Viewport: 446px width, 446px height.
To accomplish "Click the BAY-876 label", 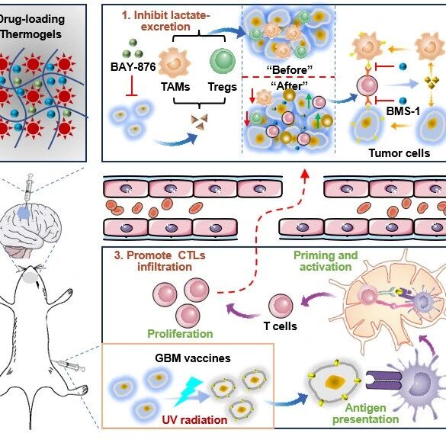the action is (133, 67).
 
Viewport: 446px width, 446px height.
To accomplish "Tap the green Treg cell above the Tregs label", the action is (223, 61).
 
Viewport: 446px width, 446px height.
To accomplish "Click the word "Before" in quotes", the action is (290, 70).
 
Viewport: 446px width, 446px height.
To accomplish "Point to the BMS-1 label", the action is (403, 111).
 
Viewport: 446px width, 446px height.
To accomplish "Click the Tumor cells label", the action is (399, 153).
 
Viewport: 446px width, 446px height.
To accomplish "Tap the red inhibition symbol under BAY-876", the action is (131, 86).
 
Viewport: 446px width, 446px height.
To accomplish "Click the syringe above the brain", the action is (28, 188).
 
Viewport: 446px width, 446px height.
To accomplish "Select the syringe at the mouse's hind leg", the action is (71, 365).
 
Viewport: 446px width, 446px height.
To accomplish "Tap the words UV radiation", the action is (195, 420).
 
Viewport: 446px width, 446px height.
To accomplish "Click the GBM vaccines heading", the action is (193, 358).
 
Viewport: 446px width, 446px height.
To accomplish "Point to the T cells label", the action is (280, 326).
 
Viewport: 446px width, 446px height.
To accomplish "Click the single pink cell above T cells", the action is (281, 306).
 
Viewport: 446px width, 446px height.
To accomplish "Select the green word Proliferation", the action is (180, 334).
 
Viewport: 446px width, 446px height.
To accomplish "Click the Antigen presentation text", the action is (366, 413).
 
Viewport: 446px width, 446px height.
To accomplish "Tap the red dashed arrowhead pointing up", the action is (305, 173).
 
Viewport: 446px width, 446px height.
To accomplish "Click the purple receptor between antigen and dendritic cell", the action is (383, 380).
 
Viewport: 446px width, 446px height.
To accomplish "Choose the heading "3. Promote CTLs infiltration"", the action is (160, 261).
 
